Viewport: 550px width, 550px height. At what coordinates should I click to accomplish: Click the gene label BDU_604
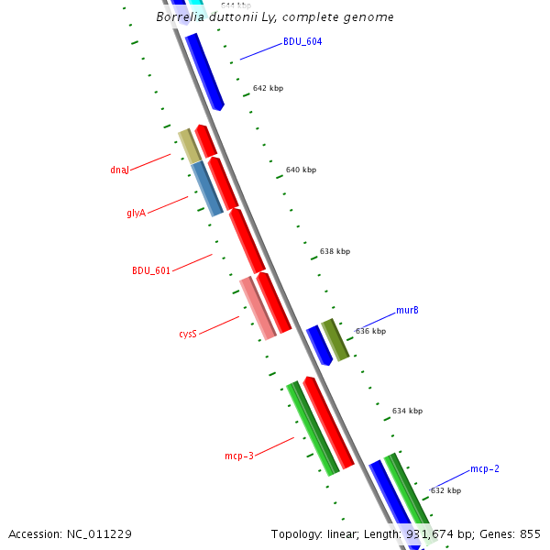pyautogui.click(x=302, y=41)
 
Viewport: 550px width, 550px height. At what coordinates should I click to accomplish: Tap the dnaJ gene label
pyautogui.click(x=119, y=170)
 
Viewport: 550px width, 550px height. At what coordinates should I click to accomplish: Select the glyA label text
pyautogui.click(x=136, y=213)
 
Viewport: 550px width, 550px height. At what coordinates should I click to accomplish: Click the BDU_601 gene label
pyautogui.click(x=151, y=270)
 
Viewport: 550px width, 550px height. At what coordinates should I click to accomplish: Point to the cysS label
pyautogui.click(x=187, y=335)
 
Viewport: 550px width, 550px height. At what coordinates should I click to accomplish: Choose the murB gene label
pyautogui.click(x=407, y=310)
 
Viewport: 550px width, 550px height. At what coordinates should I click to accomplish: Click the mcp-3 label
pyautogui.click(x=238, y=455)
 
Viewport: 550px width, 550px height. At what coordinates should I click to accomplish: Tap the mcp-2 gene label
pyautogui.click(x=484, y=469)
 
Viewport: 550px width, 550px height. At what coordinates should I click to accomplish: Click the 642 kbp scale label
pyautogui.click(x=268, y=89)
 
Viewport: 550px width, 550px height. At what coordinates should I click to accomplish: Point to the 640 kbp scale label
pyautogui.click(x=301, y=170)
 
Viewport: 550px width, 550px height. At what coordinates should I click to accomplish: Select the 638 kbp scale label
pyautogui.click(x=335, y=251)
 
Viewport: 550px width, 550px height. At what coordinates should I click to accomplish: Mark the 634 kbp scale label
pyautogui.click(x=407, y=412)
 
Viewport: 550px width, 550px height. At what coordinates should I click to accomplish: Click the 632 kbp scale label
pyautogui.click(x=445, y=490)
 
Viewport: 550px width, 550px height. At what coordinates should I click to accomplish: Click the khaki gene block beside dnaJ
pyautogui.click(x=189, y=146)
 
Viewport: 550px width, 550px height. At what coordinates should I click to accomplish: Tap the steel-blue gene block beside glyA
pyautogui.click(x=207, y=189)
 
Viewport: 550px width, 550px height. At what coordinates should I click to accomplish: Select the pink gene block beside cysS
pyautogui.click(x=258, y=307)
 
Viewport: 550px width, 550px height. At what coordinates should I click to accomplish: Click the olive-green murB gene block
pyautogui.click(x=335, y=339)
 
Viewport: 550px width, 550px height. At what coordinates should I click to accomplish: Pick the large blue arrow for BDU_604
pyautogui.click(x=204, y=71)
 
